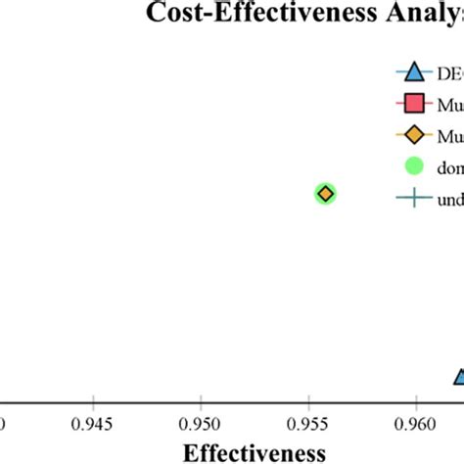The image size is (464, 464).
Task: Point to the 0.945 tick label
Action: click(92, 427)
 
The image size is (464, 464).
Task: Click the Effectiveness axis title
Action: click(255, 452)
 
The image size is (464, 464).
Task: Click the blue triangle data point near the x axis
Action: click(459, 378)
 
